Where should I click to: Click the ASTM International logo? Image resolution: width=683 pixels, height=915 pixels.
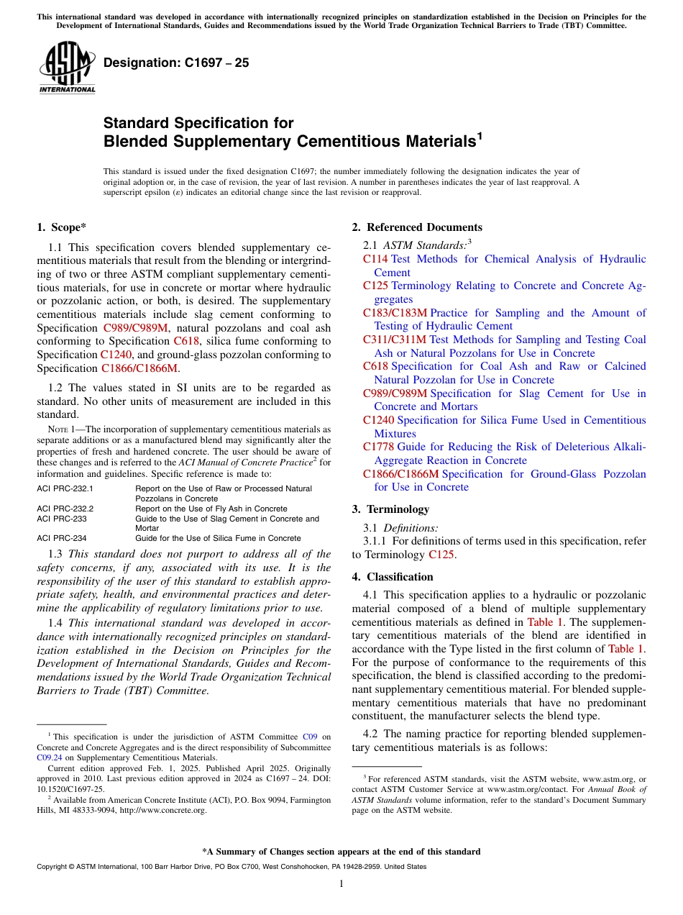pyautogui.click(x=67, y=68)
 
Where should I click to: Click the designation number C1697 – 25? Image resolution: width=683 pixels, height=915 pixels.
pyautogui.click(x=176, y=63)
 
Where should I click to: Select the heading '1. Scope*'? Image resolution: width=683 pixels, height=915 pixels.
pyautogui.click(x=62, y=227)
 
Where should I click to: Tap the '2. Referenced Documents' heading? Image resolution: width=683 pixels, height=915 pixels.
pyautogui.click(x=417, y=227)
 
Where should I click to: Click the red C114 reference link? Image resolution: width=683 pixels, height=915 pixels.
pyautogui.click(x=375, y=259)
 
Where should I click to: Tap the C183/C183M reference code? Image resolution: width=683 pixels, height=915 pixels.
pyautogui.click(x=395, y=313)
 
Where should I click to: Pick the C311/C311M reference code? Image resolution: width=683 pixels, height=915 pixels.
pyautogui.click(x=395, y=340)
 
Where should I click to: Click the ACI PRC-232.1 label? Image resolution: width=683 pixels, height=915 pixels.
pyautogui.click(x=65, y=488)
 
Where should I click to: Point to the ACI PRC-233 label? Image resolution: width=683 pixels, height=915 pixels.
pyautogui.click(x=61, y=519)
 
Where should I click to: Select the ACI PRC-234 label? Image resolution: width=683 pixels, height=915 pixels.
pyautogui.click(x=61, y=538)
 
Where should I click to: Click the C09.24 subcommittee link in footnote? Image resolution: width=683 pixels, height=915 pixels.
pyautogui.click(x=48, y=757)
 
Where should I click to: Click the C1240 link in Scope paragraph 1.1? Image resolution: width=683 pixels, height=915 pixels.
pyautogui.click(x=114, y=355)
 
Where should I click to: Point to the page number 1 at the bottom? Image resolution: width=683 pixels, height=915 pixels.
pyautogui.click(x=341, y=883)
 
